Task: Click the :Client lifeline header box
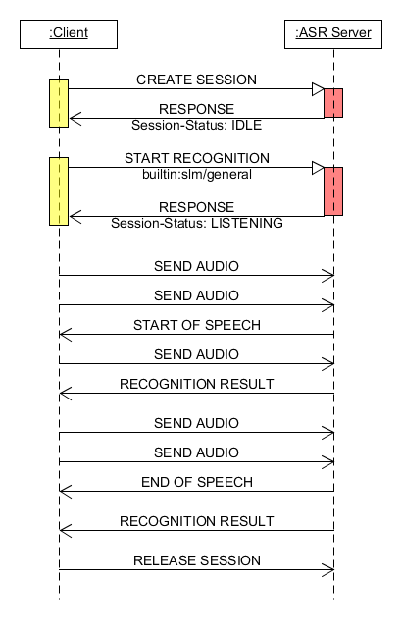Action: click(x=68, y=33)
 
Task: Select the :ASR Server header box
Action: click(x=332, y=33)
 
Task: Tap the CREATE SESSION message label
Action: click(x=196, y=80)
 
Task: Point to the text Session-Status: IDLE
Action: click(x=196, y=126)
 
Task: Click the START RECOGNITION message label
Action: click(x=196, y=158)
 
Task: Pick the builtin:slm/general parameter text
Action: click(x=196, y=173)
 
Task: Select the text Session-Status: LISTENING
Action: click(x=196, y=223)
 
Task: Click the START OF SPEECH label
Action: click(x=196, y=325)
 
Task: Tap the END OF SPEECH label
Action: click(x=196, y=482)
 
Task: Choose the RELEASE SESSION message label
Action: click(x=196, y=560)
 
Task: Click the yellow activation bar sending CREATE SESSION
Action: click(x=59, y=103)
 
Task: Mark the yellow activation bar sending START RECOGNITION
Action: click(x=59, y=191)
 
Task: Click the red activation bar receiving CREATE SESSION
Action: click(x=333, y=103)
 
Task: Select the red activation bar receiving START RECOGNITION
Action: click(x=333, y=191)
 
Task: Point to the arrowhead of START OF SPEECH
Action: click(x=64, y=335)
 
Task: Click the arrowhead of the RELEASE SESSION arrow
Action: click(x=329, y=570)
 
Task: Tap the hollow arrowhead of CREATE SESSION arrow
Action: click(x=318, y=89)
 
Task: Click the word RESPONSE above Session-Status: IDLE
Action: click(x=196, y=110)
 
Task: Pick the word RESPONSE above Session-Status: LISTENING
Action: click(x=196, y=207)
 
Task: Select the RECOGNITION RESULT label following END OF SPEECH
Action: click(x=196, y=521)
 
